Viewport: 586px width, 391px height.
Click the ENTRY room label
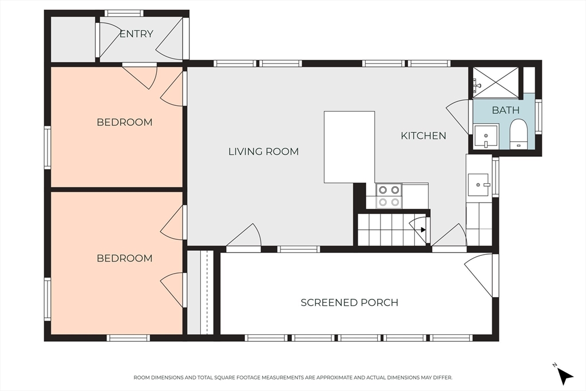click(x=136, y=34)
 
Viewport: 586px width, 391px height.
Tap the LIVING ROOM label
click(x=263, y=151)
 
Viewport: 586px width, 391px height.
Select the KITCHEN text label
click(x=423, y=135)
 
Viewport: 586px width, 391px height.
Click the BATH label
click(x=505, y=110)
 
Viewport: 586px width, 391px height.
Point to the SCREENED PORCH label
click(x=350, y=302)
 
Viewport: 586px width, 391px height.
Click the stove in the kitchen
click(x=389, y=196)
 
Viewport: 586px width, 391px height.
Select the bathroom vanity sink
click(x=486, y=137)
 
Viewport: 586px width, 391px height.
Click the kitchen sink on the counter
click(x=478, y=185)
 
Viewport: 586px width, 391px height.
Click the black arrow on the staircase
click(x=423, y=230)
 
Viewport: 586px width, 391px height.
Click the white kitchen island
click(x=350, y=147)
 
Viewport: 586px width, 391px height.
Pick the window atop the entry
click(x=124, y=13)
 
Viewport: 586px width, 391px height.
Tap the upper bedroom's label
click(x=124, y=123)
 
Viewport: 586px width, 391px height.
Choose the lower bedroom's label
click(x=124, y=258)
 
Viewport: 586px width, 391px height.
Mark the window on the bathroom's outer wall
click(x=538, y=116)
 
